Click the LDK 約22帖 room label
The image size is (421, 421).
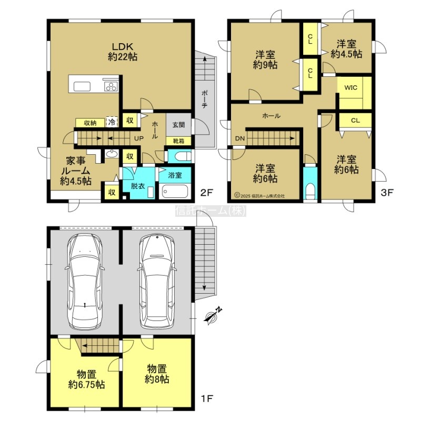123,52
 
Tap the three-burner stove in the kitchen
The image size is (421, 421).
111,86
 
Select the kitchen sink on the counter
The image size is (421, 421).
82,87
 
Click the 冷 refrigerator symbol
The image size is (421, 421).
112,123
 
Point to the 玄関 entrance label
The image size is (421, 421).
178,125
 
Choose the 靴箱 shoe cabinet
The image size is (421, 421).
178,141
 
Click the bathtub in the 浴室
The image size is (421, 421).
175,192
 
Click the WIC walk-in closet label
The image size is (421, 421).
350,88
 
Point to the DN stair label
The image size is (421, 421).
240,138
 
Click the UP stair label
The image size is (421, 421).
138,138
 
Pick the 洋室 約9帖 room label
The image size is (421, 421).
265,59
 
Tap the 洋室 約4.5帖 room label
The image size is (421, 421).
346,48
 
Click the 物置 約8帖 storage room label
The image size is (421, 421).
157,374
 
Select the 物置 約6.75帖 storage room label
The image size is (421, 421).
86,379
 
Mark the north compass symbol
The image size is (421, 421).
213,315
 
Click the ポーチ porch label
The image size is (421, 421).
204,99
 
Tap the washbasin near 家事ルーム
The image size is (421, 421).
112,154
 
